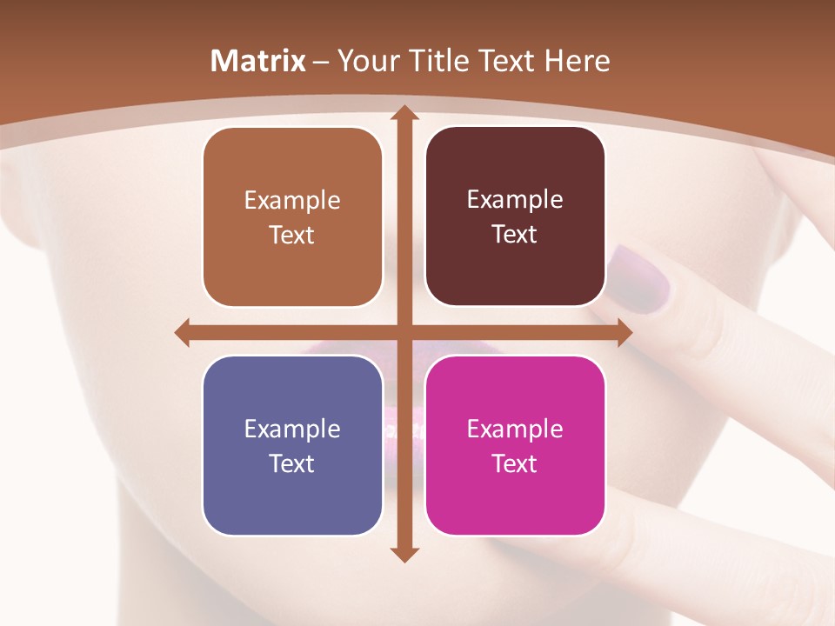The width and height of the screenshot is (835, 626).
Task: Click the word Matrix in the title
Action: [x=258, y=61]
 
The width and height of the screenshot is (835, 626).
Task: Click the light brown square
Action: [x=292, y=217]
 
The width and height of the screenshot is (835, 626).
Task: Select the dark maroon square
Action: [x=515, y=216]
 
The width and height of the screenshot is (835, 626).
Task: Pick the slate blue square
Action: [x=292, y=446]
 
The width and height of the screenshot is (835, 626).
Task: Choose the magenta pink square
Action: [x=515, y=445]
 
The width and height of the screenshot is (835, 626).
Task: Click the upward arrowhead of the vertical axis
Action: [x=404, y=112]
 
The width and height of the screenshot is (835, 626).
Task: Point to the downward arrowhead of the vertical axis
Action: [x=404, y=554]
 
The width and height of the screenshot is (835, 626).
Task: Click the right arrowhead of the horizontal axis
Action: [x=625, y=333]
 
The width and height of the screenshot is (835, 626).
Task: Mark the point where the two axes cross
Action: [x=404, y=333]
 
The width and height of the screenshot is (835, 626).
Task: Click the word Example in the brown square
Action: [x=292, y=201]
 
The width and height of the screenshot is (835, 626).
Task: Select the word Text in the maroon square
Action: [x=515, y=235]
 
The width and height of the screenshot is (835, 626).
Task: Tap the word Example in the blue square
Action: [x=292, y=430]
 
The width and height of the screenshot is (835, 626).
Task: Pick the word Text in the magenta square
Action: [x=515, y=463]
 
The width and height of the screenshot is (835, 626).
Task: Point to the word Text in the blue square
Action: [x=292, y=463]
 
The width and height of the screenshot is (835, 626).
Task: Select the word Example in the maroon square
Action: [x=515, y=200]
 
